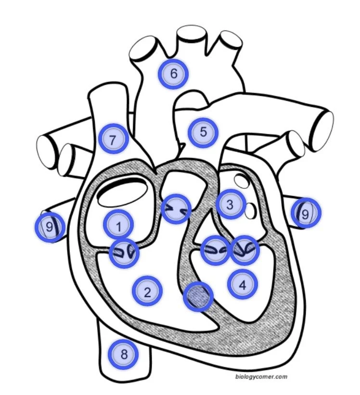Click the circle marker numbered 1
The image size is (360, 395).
coord(118,224)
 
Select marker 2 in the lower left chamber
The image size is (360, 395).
coord(147,291)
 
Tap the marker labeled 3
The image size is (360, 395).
coord(230,204)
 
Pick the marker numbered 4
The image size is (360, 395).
coord(242,284)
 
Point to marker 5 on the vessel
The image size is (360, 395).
coord(203,132)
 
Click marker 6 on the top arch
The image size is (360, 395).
coord(173,74)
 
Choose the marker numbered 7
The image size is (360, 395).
coord(113,140)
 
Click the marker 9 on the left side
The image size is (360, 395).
coord(50,226)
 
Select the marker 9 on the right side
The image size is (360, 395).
coord(305,213)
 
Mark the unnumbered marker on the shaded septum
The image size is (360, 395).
coord(198,297)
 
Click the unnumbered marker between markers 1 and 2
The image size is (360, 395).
coord(124,252)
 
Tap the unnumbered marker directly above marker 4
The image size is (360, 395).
coord(245,250)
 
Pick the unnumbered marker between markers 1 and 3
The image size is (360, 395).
coord(176,209)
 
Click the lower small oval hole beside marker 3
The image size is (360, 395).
coord(250,210)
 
